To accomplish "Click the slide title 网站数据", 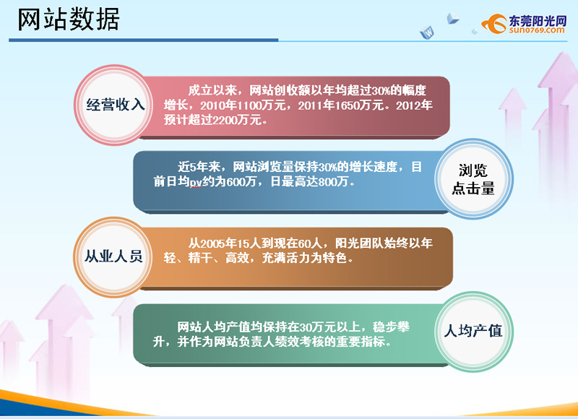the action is (69, 20).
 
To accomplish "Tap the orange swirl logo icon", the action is (494, 24).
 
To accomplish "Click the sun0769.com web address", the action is (537, 30).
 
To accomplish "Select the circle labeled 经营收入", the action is (114, 105).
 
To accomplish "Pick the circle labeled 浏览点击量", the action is (473, 179).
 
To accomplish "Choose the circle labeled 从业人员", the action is (113, 257).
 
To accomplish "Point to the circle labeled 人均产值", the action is (473, 332).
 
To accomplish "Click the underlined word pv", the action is (196, 182).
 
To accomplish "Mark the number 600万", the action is (241, 181).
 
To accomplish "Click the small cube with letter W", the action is (428, 33).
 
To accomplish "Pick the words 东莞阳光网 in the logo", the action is (538, 21).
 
